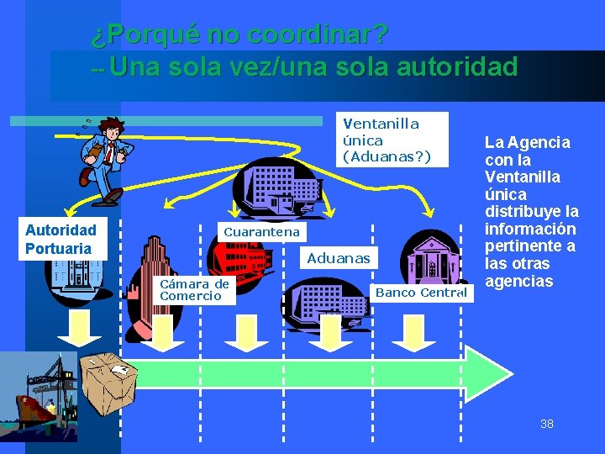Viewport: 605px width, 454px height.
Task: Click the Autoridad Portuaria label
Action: (60, 239)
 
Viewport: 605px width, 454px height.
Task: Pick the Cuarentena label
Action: (261, 231)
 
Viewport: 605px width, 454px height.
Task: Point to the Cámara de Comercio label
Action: (194, 290)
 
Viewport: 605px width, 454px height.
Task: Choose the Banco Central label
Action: (421, 293)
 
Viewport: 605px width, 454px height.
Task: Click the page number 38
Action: (546, 423)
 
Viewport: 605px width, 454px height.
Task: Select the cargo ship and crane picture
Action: (38, 395)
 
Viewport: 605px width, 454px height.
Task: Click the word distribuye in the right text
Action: (531, 211)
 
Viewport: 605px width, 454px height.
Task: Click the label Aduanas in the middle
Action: (338, 258)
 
